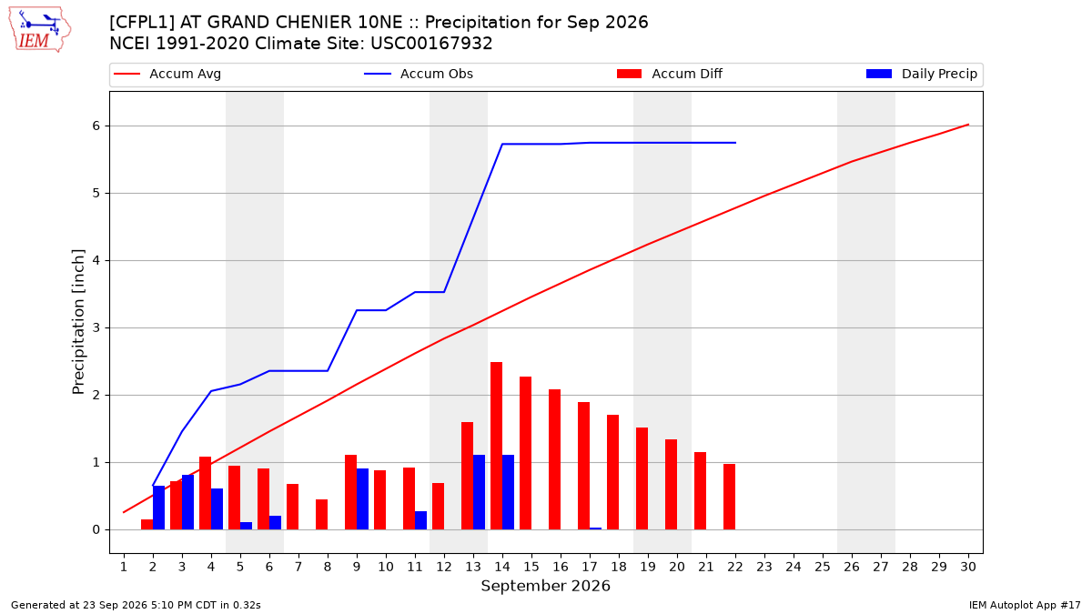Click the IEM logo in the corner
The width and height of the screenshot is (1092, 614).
click(x=40, y=30)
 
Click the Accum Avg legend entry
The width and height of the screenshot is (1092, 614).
click(x=167, y=74)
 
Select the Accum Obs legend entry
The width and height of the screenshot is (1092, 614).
click(x=419, y=74)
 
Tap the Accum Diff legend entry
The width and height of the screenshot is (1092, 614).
click(x=670, y=74)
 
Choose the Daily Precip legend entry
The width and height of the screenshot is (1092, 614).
click(x=921, y=74)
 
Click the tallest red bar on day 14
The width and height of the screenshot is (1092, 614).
click(x=496, y=446)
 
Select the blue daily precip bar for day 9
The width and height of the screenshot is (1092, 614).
click(x=362, y=499)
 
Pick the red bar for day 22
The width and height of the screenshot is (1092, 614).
click(x=729, y=497)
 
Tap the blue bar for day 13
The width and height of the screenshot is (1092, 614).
click(x=479, y=492)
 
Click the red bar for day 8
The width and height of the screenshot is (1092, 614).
click(x=322, y=515)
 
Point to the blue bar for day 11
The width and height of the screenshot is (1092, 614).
click(x=420, y=520)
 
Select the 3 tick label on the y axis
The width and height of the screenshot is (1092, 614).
click(x=96, y=328)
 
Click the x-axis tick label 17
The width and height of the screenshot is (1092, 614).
click(x=590, y=567)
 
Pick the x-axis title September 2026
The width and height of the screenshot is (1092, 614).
click(x=545, y=586)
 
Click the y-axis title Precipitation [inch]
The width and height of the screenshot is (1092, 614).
click(x=78, y=322)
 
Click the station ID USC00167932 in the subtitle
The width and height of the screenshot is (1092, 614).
click(x=431, y=44)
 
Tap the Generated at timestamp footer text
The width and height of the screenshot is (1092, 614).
click(x=136, y=605)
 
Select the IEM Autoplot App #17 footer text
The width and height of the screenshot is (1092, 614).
click(x=1025, y=605)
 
